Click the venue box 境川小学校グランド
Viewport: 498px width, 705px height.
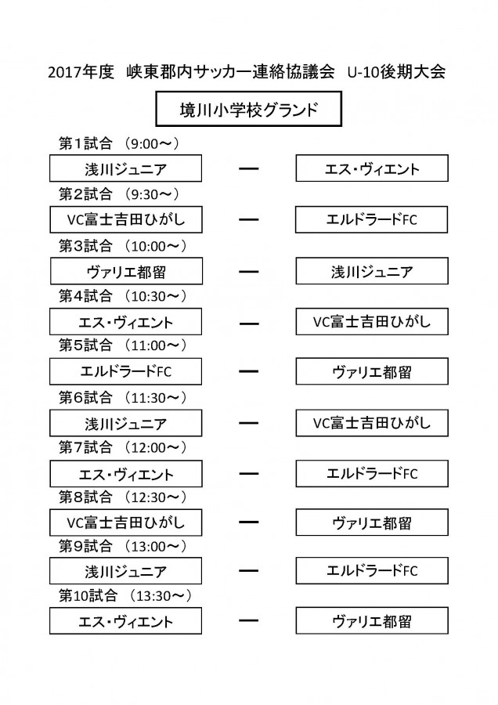pos(248,109)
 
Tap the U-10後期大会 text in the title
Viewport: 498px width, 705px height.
pos(397,72)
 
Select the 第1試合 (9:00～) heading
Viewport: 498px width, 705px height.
pos(119,143)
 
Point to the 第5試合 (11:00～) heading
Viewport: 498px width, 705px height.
pos(123,345)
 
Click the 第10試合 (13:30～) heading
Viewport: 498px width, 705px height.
pos(125,596)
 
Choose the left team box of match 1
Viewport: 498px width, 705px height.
pos(125,168)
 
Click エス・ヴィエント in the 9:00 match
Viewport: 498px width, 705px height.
pos(372,168)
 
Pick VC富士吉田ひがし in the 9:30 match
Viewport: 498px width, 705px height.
pos(126,219)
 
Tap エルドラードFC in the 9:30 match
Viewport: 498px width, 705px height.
pos(371,219)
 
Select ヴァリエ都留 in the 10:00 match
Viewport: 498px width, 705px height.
pos(126,271)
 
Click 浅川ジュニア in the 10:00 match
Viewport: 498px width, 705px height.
pos(372,271)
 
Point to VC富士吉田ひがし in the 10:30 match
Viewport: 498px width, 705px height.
pos(372,321)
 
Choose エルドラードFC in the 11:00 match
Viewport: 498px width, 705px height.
pos(125,371)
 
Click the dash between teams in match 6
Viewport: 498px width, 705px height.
pos(248,423)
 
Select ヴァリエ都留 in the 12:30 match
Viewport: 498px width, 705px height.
pos(372,522)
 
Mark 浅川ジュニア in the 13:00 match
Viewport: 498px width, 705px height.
pos(125,571)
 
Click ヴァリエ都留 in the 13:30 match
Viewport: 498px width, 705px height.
pos(372,621)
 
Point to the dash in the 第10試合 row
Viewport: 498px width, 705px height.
pos(248,620)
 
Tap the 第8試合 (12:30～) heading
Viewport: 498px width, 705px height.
pos(123,497)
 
